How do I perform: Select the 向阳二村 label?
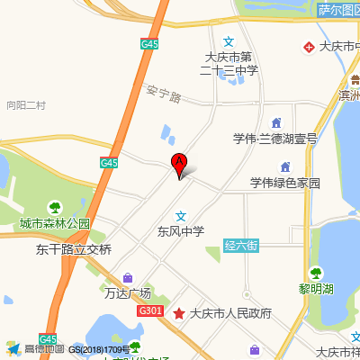pos(25,105)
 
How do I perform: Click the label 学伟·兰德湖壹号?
pos(275,139)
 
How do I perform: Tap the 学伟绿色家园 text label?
pos(285,183)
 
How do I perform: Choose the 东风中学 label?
pos(181,231)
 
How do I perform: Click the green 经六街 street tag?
pos(241,245)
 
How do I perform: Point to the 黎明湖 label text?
pos(316,289)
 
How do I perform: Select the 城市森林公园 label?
pos(56,223)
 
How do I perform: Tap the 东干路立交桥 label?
pos(74,249)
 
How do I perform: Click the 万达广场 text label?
pos(128,292)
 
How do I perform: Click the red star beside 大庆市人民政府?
pos(180,314)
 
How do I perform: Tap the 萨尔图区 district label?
pos(337,11)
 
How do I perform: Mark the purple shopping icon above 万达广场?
pos(128,277)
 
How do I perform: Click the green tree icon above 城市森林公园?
pos(56,207)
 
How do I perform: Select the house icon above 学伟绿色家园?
pos(285,167)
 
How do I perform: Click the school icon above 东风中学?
pos(181,215)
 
